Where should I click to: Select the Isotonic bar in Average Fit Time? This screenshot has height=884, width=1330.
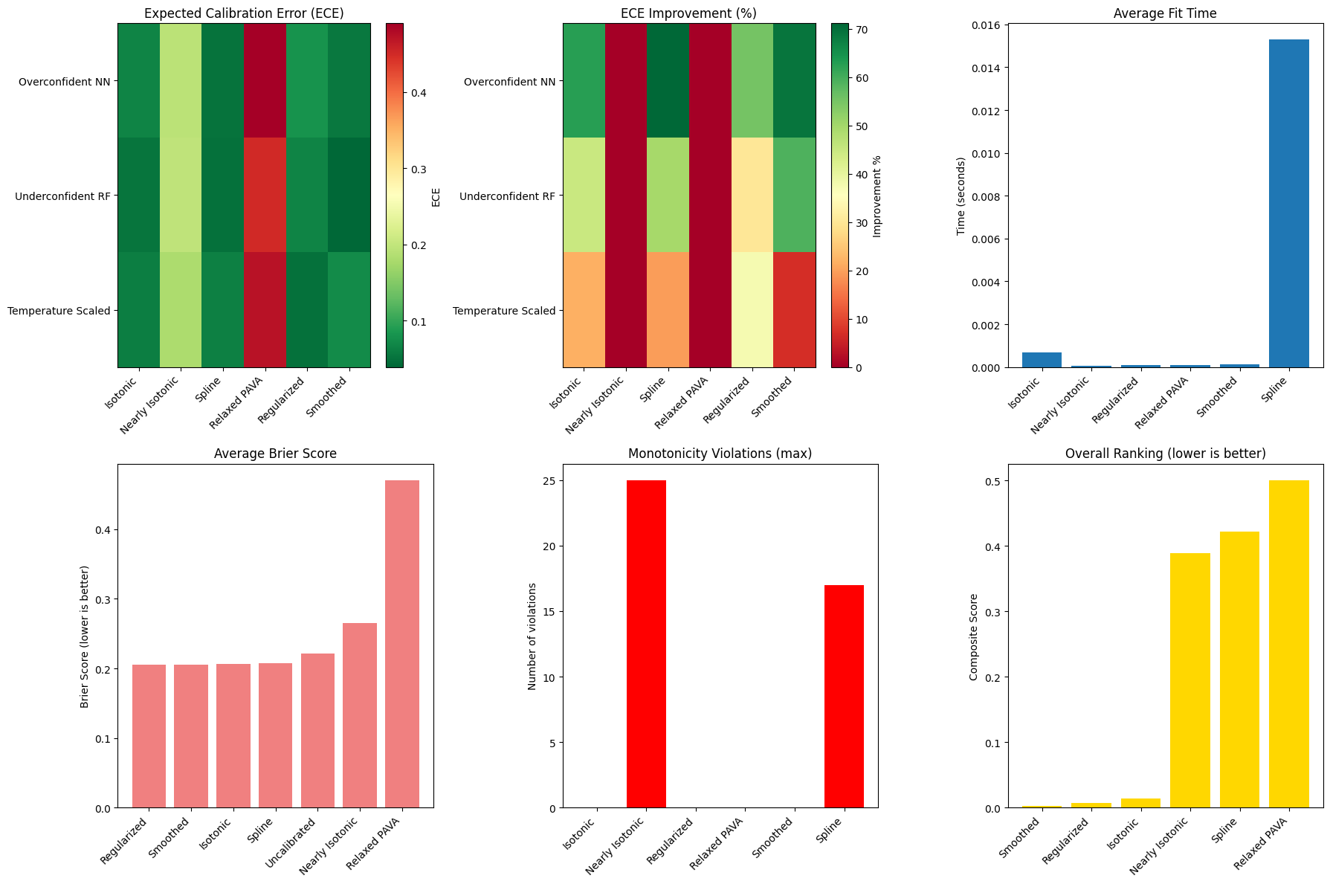click(x=1042, y=360)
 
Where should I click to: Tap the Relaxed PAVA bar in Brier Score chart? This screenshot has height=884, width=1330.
click(x=401, y=644)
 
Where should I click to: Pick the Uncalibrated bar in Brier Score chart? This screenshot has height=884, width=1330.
click(x=317, y=731)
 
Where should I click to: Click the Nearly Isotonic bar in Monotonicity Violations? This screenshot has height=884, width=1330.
click(x=646, y=644)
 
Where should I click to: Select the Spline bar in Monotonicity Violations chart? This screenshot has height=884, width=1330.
click(x=844, y=696)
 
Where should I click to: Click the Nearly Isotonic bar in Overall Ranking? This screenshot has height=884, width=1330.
click(x=1189, y=680)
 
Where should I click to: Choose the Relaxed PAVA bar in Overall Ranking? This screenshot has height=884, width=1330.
click(x=1288, y=644)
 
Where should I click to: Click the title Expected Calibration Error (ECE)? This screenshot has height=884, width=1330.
click(x=244, y=13)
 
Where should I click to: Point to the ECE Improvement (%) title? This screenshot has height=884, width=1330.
click(x=688, y=13)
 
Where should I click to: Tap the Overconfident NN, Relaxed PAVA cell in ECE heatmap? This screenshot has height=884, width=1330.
click(x=265, y=80)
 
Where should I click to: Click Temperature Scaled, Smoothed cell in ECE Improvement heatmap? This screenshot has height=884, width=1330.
click(x=794, y=310)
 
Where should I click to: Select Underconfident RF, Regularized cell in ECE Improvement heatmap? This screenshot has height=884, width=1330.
click(x=752, y=196)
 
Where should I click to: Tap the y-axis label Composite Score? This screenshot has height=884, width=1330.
click(x=974, y=636)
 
